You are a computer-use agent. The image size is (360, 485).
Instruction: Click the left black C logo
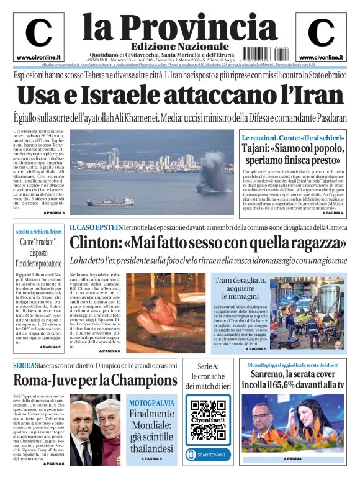click(x=38, y=33)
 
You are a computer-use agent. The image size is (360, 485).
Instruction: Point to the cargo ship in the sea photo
click(x=110, y=201)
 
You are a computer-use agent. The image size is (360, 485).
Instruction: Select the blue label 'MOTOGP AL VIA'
click(x=152, y=403)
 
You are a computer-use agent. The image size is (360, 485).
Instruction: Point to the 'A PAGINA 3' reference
click(x=54, y=214)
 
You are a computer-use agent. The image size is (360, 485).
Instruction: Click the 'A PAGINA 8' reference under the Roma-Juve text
click(x=54, y=463)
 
